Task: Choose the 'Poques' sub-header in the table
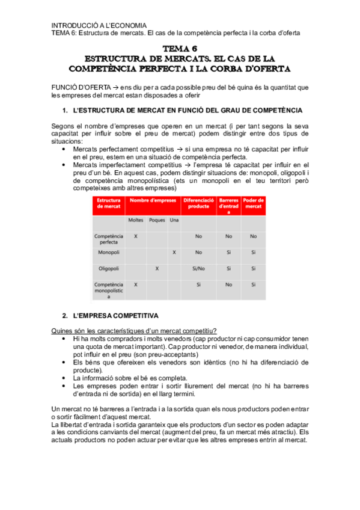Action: [x=157, y=220]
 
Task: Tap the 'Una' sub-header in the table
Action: [x=174, y=220]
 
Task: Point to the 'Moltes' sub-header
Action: [x=136, y=220]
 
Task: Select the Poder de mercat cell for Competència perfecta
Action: [x=253, y=236]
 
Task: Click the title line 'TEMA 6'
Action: [x=180, y=48]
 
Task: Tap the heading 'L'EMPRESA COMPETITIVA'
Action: [x=115, y=316]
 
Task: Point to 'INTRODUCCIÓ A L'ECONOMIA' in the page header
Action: [x=99, y=25]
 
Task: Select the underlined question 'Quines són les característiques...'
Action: [x=134, y=331]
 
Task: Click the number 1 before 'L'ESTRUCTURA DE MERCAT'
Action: [x=65, y=111]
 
